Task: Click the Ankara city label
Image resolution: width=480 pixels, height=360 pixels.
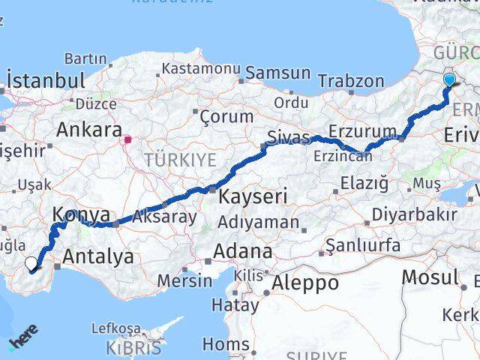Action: point(89,130)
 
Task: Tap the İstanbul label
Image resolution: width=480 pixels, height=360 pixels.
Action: point(45,80)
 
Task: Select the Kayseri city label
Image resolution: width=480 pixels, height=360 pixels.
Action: point(253,197)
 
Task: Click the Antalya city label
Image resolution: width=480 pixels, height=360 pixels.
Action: point(99,256)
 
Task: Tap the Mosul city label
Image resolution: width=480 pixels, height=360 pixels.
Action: point(429,277)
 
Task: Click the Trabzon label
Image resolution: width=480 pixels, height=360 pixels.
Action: point(350,81)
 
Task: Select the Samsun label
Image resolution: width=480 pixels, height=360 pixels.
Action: point(277,73)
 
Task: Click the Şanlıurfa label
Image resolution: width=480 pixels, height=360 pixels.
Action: point(363,245)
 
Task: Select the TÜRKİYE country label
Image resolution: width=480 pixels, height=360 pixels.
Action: point(180,159)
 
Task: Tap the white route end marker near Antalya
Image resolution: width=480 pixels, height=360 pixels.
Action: point(31,264)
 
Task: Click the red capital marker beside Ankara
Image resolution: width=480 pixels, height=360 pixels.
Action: point(128,139)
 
